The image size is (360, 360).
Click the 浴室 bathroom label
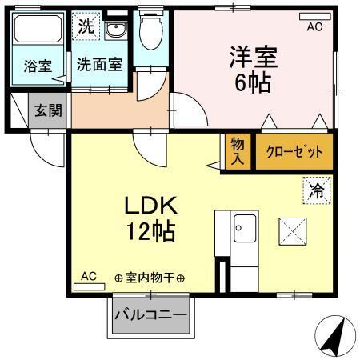pos(37,66)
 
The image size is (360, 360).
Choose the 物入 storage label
pos(238,151)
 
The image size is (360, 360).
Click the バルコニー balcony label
pos(150,314)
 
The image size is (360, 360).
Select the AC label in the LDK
pos(89,276)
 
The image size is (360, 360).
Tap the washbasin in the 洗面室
pos(115,30)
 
